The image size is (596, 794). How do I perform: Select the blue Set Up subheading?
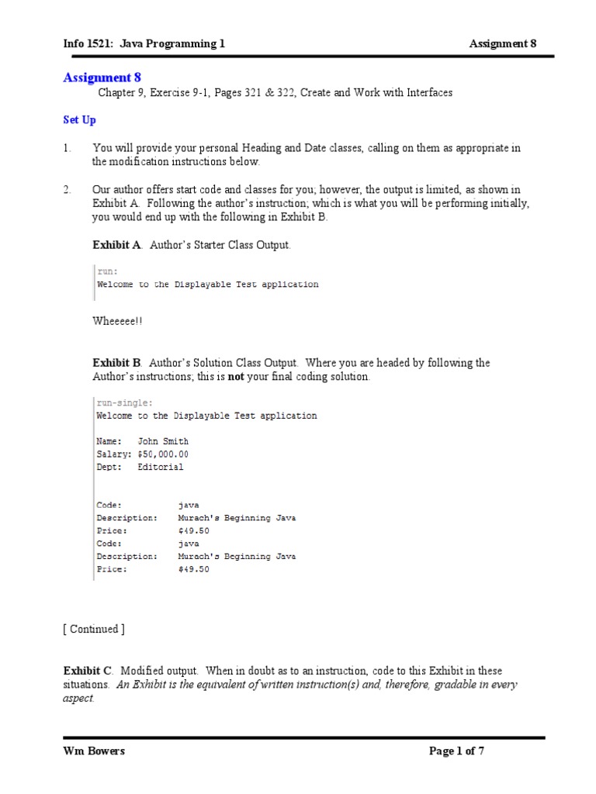click(x=79, y=120)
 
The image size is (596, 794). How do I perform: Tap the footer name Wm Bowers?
click(x=94, y=751)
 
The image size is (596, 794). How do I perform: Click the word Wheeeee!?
click(x=117, y=321)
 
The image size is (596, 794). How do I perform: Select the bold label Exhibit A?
click(x=116, y=245)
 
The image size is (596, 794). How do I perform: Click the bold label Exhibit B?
click(x=116, y=363)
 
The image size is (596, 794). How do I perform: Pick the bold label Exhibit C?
click(x=88, y=671)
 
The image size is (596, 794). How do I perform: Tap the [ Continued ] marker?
click(x=94, y=629)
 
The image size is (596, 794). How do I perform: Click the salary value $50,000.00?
click(x=163, y=454)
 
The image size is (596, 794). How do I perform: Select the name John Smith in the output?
click(x=163, y=441)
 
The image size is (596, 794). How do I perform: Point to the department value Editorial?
click(x=161, y=468)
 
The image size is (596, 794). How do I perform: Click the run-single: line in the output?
click(x=124, y=403)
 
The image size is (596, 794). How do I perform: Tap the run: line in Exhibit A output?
click(x=107, y=271)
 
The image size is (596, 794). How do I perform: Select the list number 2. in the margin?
click(x=68, y=190)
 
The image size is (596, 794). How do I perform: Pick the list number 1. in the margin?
click(x=68, y=148)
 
